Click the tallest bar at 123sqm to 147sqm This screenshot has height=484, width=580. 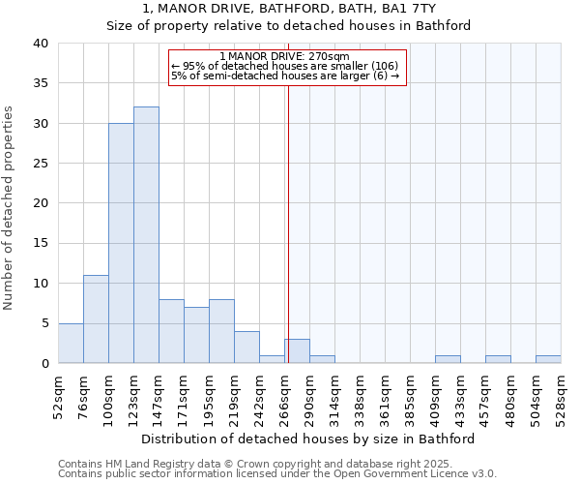click(x=146, y=235)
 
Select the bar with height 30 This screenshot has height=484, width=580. click(x=121, y=243)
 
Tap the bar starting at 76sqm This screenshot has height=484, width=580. click(x=96, y=319)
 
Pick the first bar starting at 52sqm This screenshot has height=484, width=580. click(x=71, y=343)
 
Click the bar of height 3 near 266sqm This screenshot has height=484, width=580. click(x=297, y=351)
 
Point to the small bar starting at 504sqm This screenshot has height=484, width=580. click(x=548, y=359)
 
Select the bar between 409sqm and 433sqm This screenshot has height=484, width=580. click(x=448, y=359)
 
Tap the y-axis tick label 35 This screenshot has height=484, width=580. click(x=40, y=83)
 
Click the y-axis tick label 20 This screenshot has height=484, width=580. click(x=40, y=203)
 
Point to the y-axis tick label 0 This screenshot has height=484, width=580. click(x=43, y=363)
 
